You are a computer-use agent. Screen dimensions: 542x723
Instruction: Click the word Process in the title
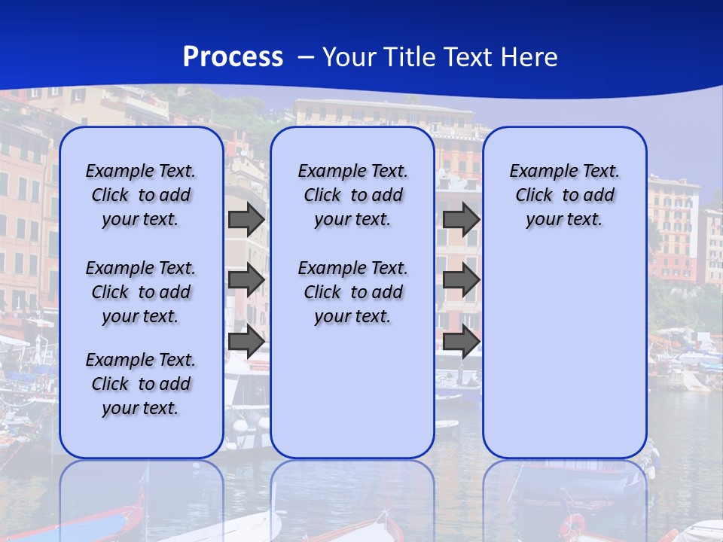[233, 57]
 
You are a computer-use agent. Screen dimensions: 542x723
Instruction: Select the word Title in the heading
[410, 57]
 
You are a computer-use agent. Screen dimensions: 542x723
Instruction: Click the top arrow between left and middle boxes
[246, 219]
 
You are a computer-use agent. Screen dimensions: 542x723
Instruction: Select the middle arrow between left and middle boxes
[246, 280]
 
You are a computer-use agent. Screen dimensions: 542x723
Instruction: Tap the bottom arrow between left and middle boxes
[246, 342]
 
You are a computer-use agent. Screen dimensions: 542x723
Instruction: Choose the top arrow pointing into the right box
[461, 219]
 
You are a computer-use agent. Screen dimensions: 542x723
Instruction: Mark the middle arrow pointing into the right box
[461, 280]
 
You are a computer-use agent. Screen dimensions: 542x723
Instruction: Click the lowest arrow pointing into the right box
[461, 342]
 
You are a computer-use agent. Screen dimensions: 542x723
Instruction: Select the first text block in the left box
[141, 195]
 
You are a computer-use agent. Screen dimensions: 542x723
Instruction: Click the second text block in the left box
[141, 292]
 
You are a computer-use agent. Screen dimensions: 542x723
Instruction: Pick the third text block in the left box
[141, 384]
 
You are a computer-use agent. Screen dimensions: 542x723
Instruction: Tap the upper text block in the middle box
[352, 195]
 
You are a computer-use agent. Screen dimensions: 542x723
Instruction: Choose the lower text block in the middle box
[352, 292]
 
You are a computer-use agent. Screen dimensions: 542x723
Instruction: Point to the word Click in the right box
[534, 196]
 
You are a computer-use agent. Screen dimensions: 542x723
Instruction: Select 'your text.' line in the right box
[564, 220]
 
